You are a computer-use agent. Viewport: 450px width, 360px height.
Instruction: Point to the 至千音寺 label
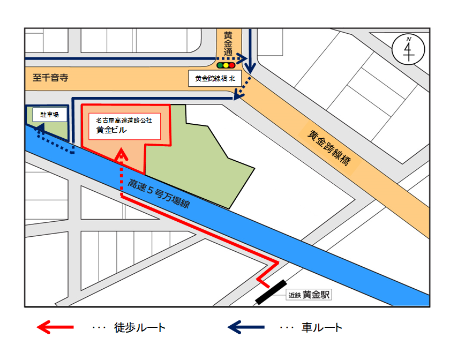[50, 78]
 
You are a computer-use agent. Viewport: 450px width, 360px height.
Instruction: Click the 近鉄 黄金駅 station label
[310, 294]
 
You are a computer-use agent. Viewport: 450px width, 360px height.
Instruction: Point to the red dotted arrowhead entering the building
[122, 156]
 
